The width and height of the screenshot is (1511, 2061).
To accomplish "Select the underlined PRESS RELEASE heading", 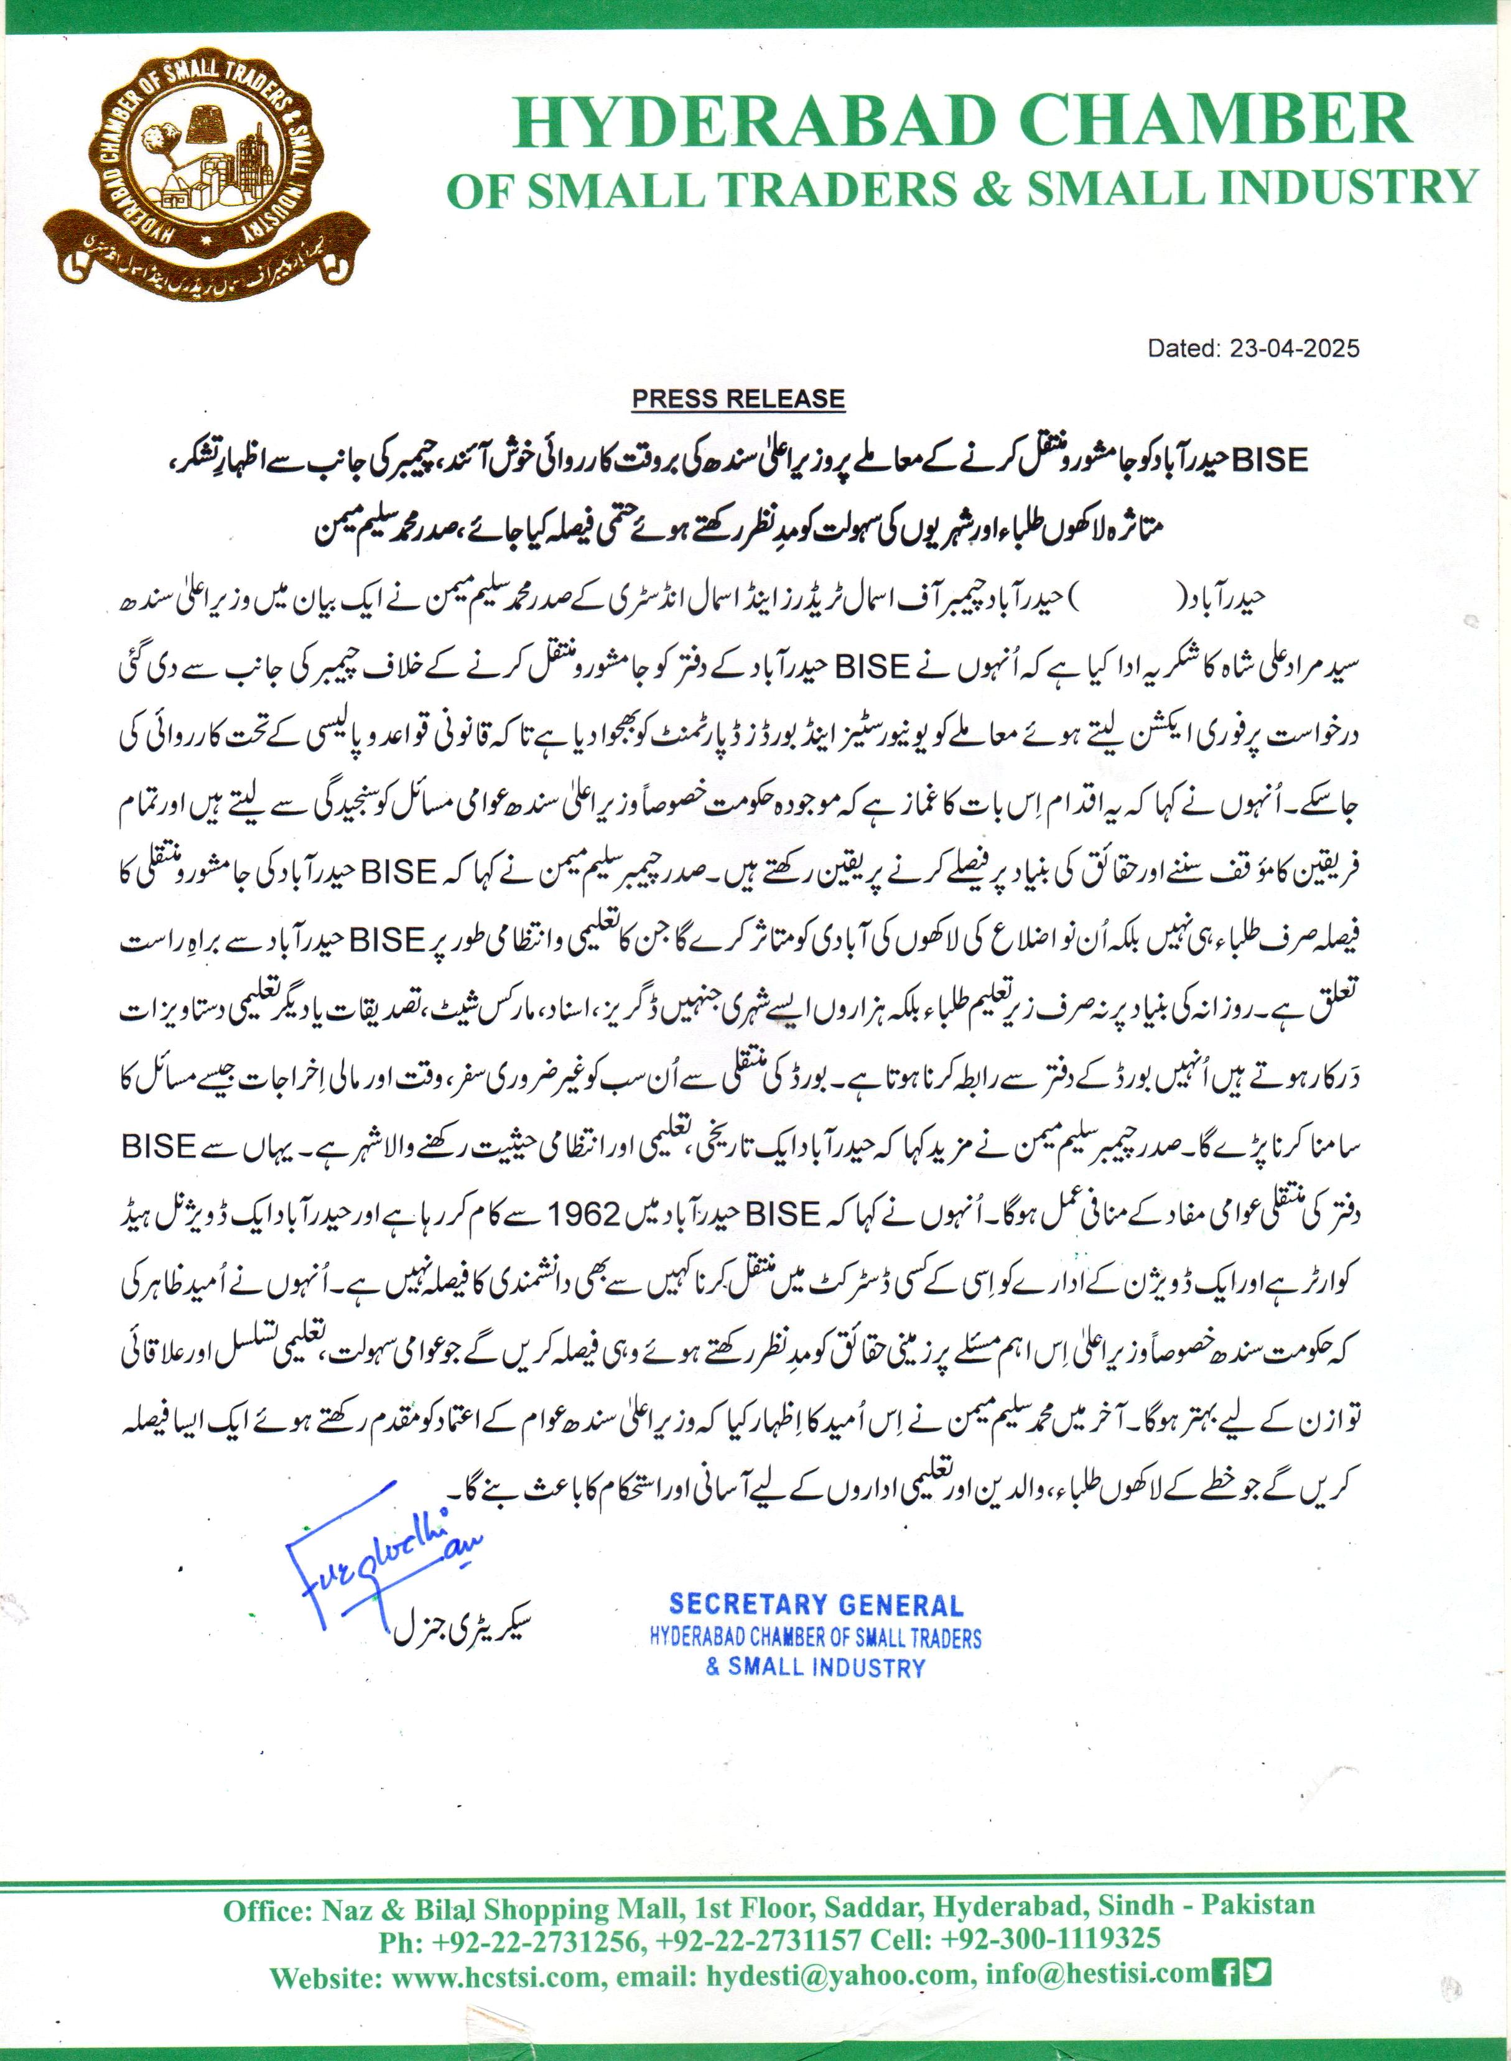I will coord(738,399).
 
